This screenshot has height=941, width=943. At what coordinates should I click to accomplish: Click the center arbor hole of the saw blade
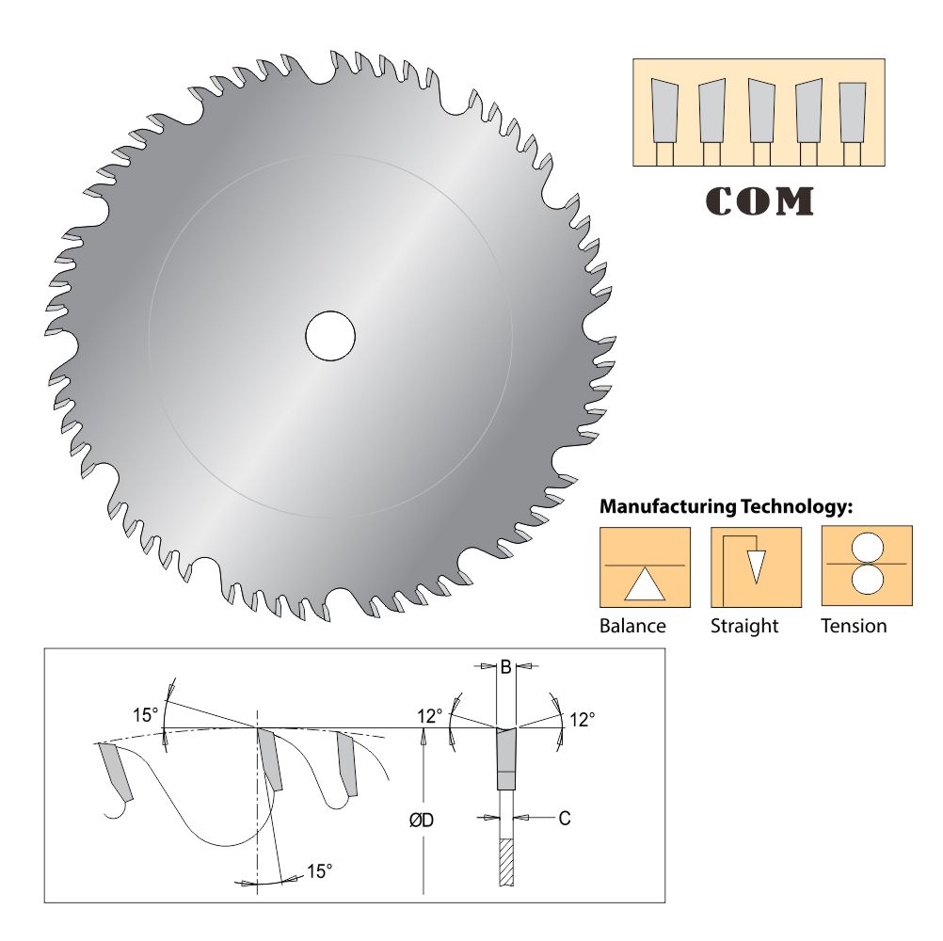330,336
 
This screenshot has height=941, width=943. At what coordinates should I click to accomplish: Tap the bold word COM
759,201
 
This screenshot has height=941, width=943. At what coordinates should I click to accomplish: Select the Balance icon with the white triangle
645,567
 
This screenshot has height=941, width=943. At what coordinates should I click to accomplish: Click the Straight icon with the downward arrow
756,567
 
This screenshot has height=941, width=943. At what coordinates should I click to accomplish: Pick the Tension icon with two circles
867,566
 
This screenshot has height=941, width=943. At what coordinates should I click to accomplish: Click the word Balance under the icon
632,626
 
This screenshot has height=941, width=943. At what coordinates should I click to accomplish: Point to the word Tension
854,626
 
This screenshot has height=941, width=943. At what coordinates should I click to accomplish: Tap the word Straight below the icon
744,627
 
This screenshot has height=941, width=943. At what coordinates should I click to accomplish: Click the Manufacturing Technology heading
726,507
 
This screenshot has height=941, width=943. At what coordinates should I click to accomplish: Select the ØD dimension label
422,821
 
